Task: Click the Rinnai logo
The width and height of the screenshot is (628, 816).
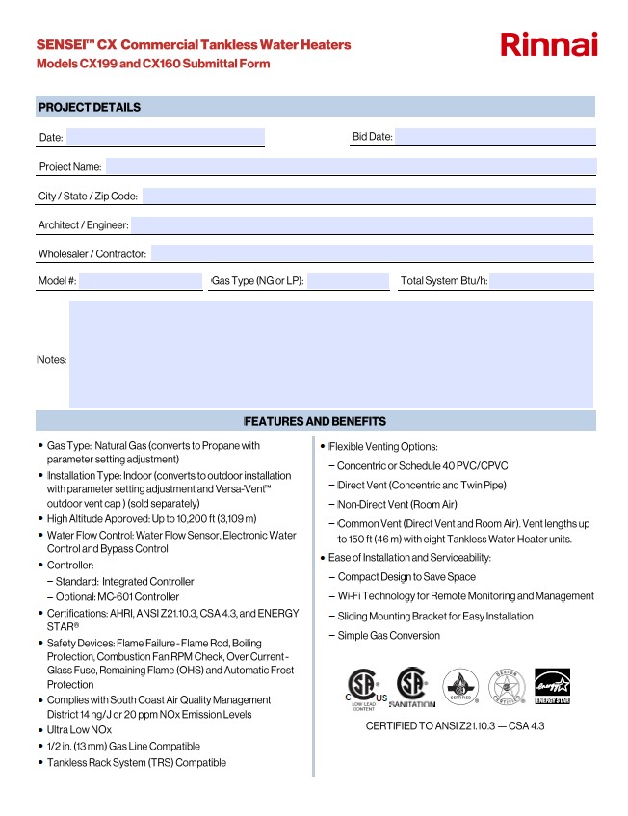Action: click(549, 44)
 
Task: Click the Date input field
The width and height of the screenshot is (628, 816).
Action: click(165, 137)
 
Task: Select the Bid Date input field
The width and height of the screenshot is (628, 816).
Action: click(495, 137)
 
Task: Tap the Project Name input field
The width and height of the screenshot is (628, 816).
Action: click(350, 167)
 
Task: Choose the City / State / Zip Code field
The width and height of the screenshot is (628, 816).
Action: click(368, 197)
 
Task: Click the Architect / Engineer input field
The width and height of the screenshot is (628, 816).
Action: click(362, 225)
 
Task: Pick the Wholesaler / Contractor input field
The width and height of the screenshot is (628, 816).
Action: click(372, 254)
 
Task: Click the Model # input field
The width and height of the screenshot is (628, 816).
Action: click(141, 281)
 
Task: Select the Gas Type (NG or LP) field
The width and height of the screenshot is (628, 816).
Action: click(348, 281)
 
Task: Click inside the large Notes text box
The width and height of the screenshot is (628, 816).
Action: click(330, 354)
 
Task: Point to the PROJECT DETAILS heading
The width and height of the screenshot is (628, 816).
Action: click(90, 107)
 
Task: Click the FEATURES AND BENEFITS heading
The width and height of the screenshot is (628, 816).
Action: click(316, 421)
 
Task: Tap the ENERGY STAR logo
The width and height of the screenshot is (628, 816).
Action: click(552, 687)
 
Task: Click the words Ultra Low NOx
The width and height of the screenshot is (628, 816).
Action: click(80, 730)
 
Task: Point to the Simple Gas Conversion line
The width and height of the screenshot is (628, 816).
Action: click(388, 636)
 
